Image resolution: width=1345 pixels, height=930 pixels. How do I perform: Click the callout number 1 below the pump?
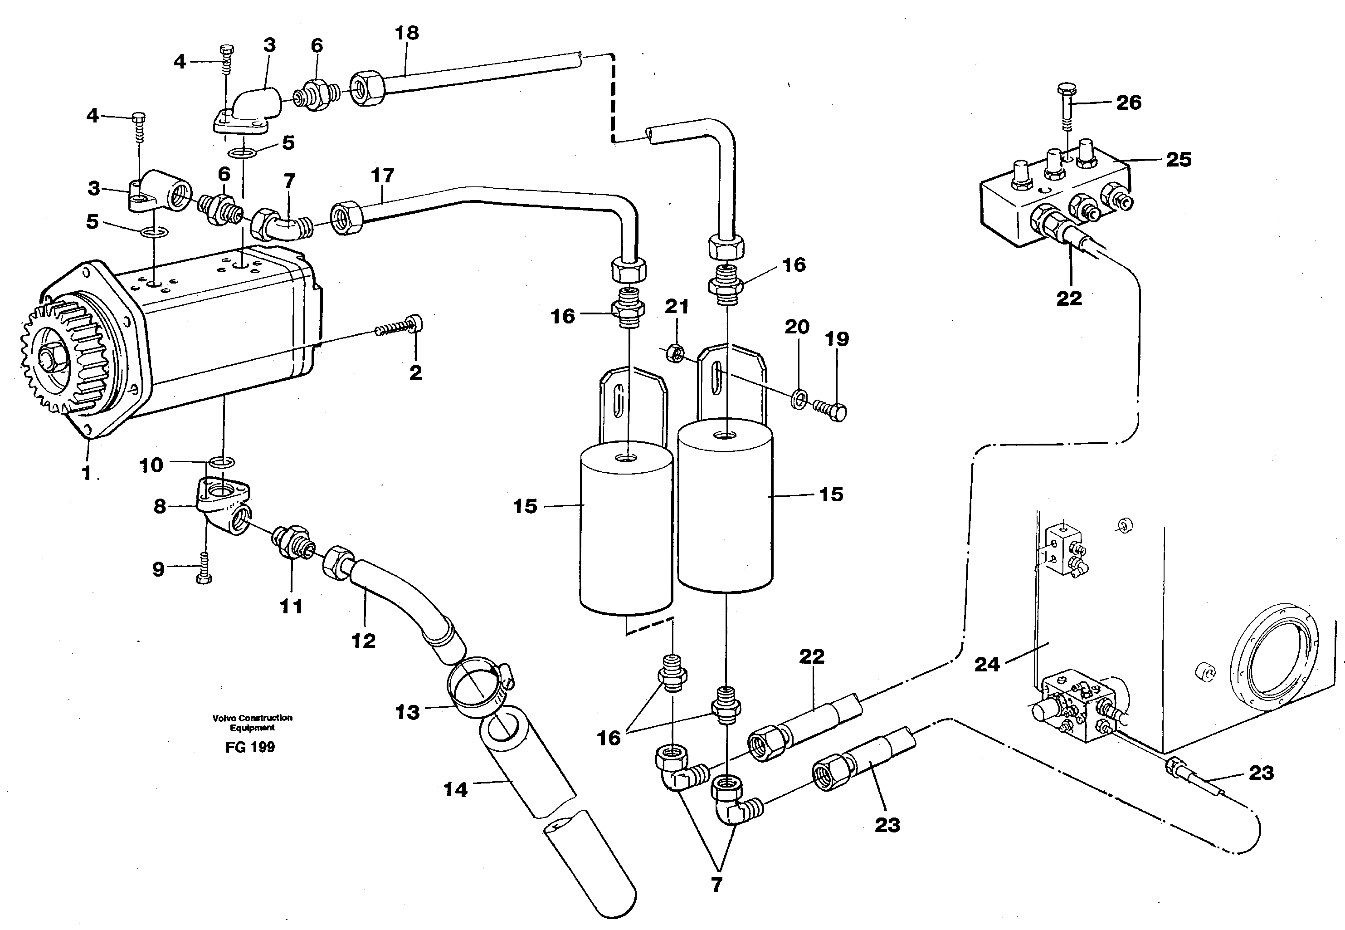87,473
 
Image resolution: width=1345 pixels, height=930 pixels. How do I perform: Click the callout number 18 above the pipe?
407,33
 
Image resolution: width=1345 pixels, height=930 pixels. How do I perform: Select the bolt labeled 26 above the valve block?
1067,108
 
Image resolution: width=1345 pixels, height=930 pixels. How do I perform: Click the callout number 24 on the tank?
987,664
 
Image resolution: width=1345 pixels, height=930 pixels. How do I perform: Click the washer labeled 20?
799,399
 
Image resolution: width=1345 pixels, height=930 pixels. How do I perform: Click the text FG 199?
250,747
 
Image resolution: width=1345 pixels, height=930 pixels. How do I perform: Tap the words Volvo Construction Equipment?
252,723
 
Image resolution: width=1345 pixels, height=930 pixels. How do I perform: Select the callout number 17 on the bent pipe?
382,175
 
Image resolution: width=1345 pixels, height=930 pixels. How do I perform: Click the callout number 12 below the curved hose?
364,641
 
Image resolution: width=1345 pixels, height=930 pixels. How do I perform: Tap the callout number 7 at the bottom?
716,884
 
